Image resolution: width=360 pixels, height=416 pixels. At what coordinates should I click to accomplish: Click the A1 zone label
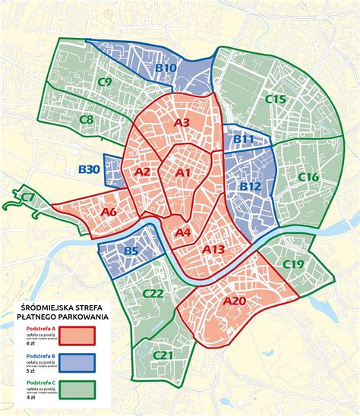[182, 173]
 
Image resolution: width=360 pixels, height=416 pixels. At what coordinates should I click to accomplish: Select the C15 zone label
[275, 99]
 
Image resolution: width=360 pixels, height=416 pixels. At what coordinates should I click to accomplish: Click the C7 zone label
[27, 198]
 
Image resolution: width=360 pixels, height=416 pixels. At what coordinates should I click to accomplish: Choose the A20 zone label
[235, 301]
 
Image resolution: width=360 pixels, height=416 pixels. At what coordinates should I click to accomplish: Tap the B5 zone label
[131, 251]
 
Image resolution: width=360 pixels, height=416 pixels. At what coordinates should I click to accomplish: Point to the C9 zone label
[105, 82]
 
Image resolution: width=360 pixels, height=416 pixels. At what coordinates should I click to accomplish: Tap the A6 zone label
[109, 211]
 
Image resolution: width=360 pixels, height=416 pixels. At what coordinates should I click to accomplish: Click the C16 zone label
[308, 177]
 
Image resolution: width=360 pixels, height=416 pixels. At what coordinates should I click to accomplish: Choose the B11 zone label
[243, 139]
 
